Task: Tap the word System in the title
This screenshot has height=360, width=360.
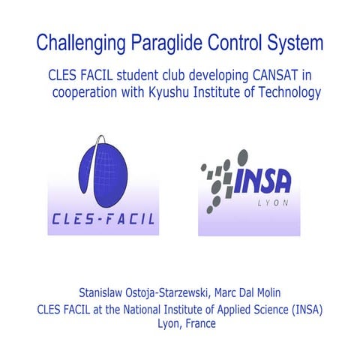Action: (296, 42)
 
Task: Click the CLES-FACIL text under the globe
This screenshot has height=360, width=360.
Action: (102, 220)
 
